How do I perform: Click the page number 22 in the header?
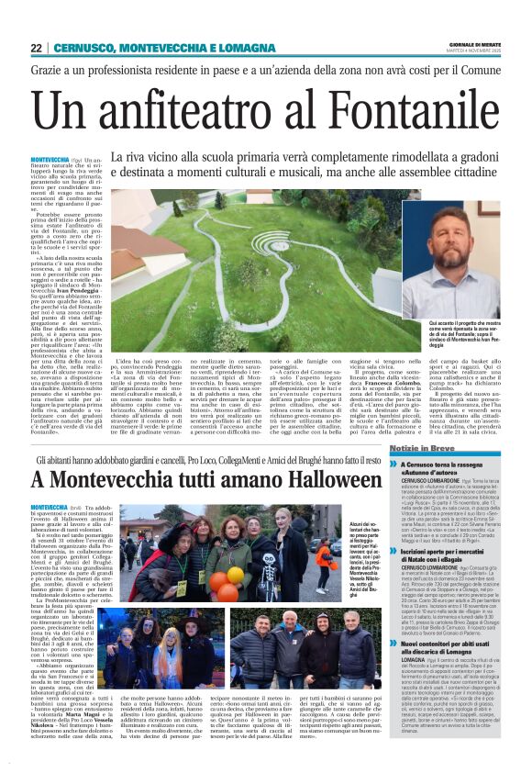(36, 48)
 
